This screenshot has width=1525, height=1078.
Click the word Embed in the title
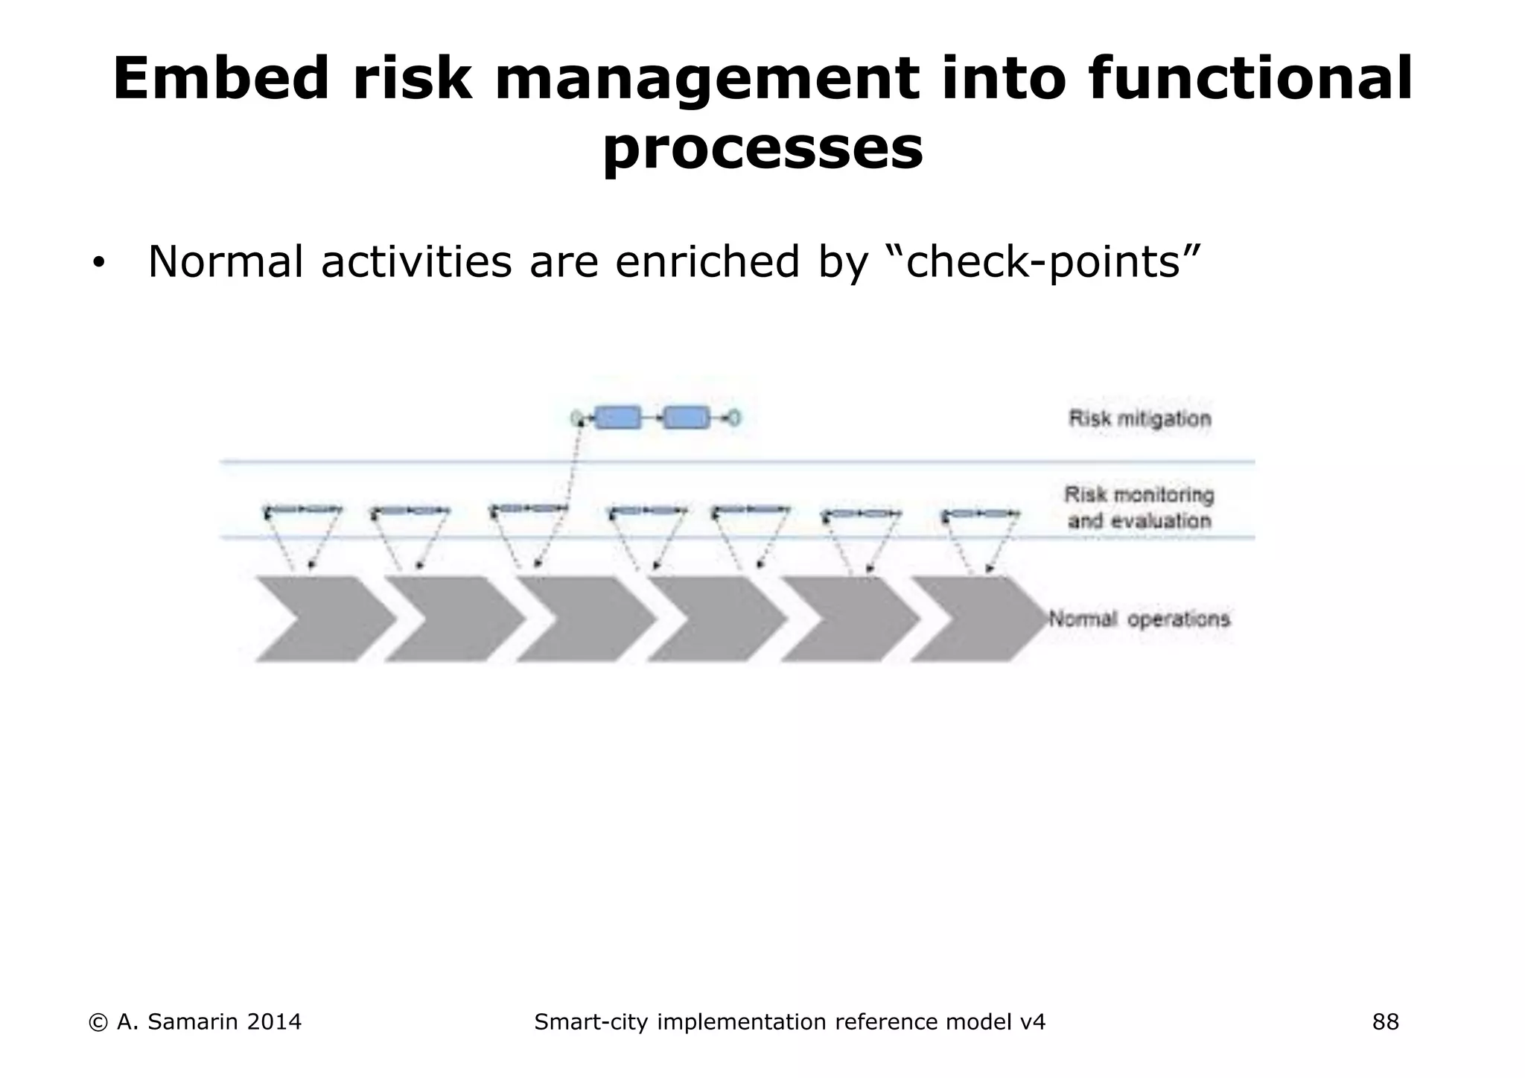click(x=220, y=79)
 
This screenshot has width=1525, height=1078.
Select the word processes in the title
click(x=762, y=149)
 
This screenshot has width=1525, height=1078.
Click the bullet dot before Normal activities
click(x=98, y=264)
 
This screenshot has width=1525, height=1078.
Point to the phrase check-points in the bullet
click(x=1042, y=262)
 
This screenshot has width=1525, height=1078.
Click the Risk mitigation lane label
click(x=1139, y=418)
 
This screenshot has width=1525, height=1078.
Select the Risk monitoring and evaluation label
click(x=1139, y=508)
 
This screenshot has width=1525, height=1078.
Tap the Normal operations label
click(x=1139, y=619)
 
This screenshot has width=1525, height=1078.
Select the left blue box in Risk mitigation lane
click(x=618, y=418)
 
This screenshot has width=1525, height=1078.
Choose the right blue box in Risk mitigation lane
click(x=687, y=418)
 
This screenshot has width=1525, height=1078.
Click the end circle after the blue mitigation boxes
click(x=734, y=418)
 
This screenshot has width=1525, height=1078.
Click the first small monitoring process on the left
click(x=303, y=510)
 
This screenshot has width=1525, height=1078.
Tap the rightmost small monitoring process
click(x=981, y=514)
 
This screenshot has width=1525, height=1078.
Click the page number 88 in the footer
click(x=1385, y=1022)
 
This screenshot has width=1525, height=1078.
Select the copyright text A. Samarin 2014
click(x=195, y=1022)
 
